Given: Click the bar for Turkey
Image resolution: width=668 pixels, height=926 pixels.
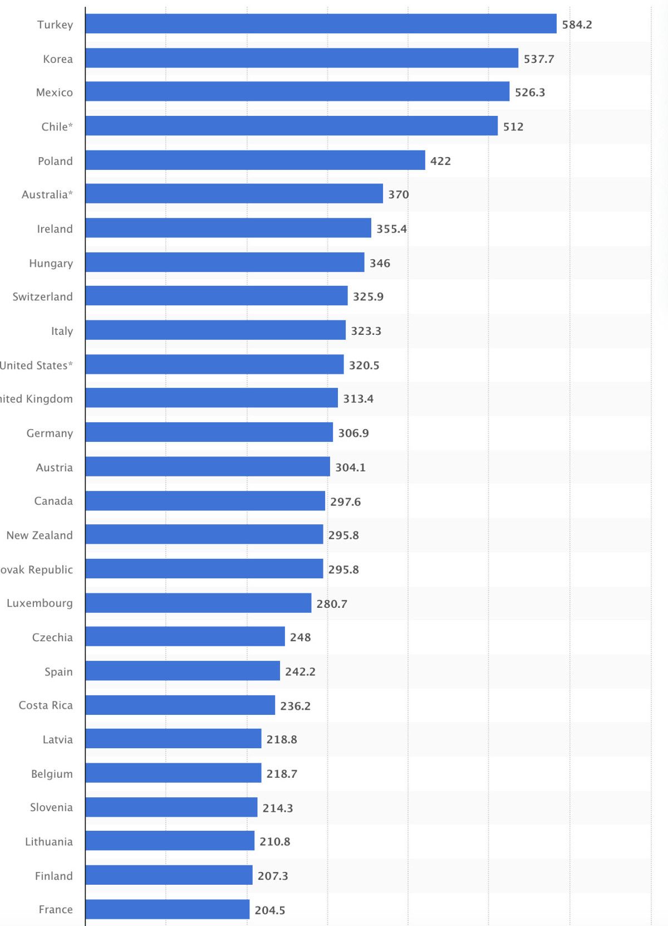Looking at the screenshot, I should (321, 24).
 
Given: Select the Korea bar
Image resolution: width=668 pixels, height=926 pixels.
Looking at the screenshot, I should (302, 59).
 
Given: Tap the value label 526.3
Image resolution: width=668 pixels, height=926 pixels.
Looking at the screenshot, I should (529, 92).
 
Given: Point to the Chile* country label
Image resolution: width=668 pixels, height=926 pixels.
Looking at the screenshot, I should (57, 126).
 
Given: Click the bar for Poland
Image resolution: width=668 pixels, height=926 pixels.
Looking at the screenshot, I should (255, 160).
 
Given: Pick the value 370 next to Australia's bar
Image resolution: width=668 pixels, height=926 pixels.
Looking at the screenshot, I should (398, 194).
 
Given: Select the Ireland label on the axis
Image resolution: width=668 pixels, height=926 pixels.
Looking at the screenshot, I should (55, 229).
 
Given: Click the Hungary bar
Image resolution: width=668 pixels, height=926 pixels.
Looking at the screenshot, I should (225, 262).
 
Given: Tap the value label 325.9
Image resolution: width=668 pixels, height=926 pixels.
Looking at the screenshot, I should (368, 296).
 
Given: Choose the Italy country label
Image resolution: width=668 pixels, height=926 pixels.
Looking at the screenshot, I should (62, 331).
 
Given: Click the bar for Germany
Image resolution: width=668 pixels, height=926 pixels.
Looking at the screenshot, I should (209, 432).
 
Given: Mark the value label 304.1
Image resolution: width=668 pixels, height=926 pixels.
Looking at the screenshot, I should (350, 467).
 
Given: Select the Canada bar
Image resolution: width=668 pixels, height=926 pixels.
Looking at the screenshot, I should (205, 501).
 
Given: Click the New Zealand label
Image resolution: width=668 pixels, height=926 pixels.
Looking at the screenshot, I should (40, 535).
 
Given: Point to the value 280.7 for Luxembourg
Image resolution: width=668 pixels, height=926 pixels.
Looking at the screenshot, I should (332, 604).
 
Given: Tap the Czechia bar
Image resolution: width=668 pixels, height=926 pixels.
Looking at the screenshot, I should (185, 637).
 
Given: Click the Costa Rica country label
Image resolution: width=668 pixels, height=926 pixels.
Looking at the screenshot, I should (46, 705).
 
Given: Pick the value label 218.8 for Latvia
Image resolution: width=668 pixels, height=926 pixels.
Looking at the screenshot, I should (281, 739).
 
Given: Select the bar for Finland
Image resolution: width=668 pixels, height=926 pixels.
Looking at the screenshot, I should (169, 875).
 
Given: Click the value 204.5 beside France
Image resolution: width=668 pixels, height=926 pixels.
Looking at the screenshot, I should (269, 910).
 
